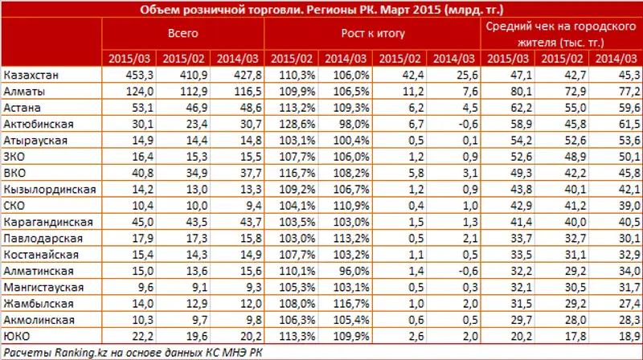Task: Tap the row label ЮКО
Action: click(x=17, y=335)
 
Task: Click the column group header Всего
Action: click(x=182, y=35)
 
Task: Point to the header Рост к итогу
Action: click(x=372, y=35)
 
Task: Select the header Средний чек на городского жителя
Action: click(x=560, y=35)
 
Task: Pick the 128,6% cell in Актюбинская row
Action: click(x=289, y=123)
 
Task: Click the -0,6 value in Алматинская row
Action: click(x=454, y=271)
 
